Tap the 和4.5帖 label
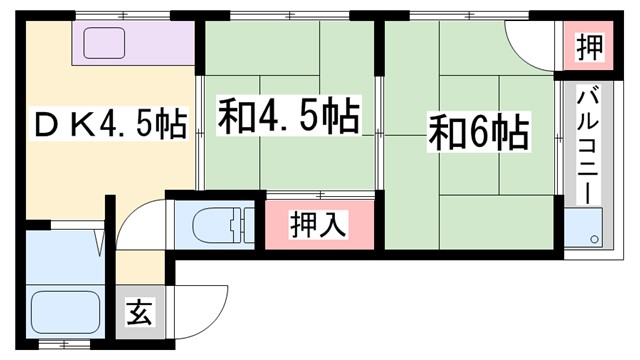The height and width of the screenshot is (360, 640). [x=287, y=117]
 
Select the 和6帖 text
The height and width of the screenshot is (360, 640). [x=478, y=132]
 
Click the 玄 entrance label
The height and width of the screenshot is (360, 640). [x=140, y=312]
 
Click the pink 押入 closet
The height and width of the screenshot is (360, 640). [x=319, y=226]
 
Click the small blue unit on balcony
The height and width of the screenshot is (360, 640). [x=582, y=228]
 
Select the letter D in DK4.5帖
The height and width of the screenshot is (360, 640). [x=47, y=126]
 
